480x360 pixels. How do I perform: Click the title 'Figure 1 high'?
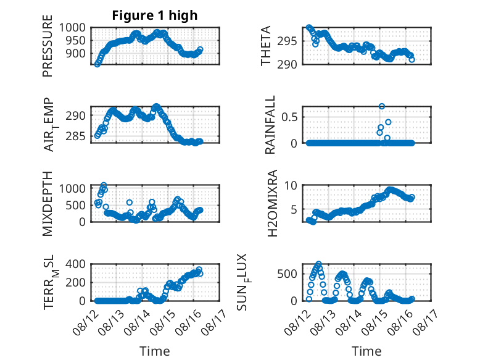tap(155, 15)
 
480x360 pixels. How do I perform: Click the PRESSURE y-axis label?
tap(48, 46)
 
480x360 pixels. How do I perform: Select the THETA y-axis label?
tap(266, 46)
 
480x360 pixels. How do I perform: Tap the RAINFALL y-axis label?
tap(270, 125)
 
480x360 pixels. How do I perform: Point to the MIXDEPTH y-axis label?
tap(48, 204)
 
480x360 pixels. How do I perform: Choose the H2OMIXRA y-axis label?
tap(272, 203)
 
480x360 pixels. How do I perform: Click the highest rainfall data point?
tap(382, 106)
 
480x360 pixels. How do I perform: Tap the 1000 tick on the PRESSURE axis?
tap(72, 28)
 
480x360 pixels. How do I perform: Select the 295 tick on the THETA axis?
tap(287, 41)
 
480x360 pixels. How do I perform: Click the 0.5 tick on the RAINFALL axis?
tap(289, 117)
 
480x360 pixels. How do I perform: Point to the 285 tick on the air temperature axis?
tap(75, 136)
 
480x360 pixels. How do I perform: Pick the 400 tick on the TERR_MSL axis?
tap(75, 264)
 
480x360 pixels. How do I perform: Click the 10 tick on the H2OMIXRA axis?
tap(291, 185)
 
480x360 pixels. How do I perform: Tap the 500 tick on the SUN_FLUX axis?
tap(287, 274)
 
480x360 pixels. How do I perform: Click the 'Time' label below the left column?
tap(155, 351)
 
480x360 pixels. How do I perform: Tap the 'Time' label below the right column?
tap(366, 351)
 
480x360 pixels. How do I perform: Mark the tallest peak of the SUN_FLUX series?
tap(319, 264)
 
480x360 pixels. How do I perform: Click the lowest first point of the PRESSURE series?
tap(97, 64)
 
